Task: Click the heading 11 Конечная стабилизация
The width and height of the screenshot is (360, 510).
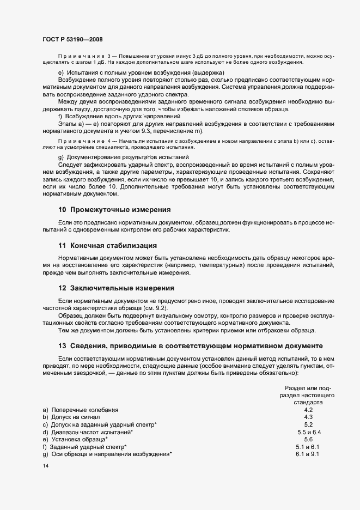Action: (x=107, y=245)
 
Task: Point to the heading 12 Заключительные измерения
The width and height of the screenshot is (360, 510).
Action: (x=116, y=288)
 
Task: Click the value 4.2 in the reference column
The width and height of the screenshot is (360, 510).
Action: (x=308, y=410)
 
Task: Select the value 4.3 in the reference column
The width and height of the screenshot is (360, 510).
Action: (x=308, y=417)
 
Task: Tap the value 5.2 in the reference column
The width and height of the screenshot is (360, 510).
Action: (x=308, y=424)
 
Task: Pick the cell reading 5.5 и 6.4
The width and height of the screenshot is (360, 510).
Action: (x=309, y=432)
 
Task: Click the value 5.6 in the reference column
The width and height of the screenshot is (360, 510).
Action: (x=308, y=439)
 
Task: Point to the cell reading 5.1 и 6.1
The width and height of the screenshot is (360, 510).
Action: (x=308, y=447)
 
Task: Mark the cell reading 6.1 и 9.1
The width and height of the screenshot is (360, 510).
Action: (x=308, y=454)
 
